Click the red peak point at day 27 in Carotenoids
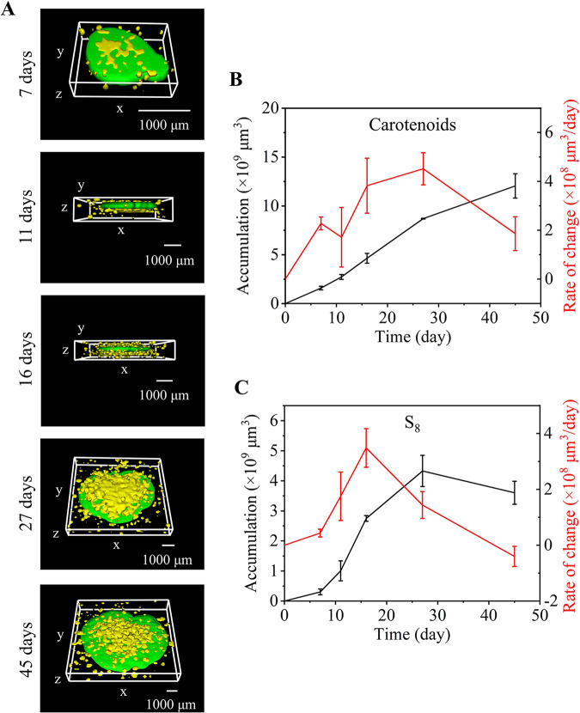[x=423, y=168]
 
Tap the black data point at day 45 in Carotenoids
[x=515, y=186]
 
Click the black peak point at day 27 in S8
[x=423, y=471]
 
